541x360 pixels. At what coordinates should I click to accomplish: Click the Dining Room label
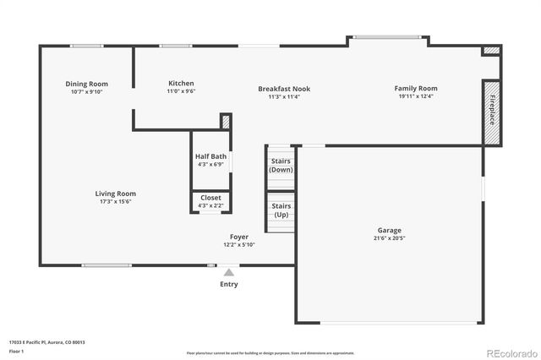point(87,84)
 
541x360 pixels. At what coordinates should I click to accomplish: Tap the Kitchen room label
point(181,84)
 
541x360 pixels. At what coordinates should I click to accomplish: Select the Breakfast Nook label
point(279,88)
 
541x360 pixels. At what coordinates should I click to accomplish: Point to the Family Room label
point(416,88)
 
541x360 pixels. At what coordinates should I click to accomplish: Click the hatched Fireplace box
point(490,112)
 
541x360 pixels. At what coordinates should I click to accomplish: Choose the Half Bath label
point(210,156)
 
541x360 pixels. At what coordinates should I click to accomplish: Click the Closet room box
point(210,202)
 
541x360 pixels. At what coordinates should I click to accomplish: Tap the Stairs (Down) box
point(281,165)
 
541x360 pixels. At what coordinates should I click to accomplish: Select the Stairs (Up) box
point(281,210)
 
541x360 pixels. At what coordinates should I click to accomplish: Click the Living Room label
point(115,194)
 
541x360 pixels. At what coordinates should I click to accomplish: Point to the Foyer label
point(239,237)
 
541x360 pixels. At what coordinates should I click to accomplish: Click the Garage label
point(389,230)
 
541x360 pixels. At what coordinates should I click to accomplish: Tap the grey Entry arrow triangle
point(228,272)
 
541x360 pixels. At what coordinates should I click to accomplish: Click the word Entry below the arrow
point(228,284)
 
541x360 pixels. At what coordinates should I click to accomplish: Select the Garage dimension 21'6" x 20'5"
point(389,238)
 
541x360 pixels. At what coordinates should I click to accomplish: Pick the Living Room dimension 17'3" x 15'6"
point(115,201)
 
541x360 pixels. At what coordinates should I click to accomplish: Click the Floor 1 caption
point(17,351)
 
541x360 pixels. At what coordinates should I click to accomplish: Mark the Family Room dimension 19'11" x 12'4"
point(416,96)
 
